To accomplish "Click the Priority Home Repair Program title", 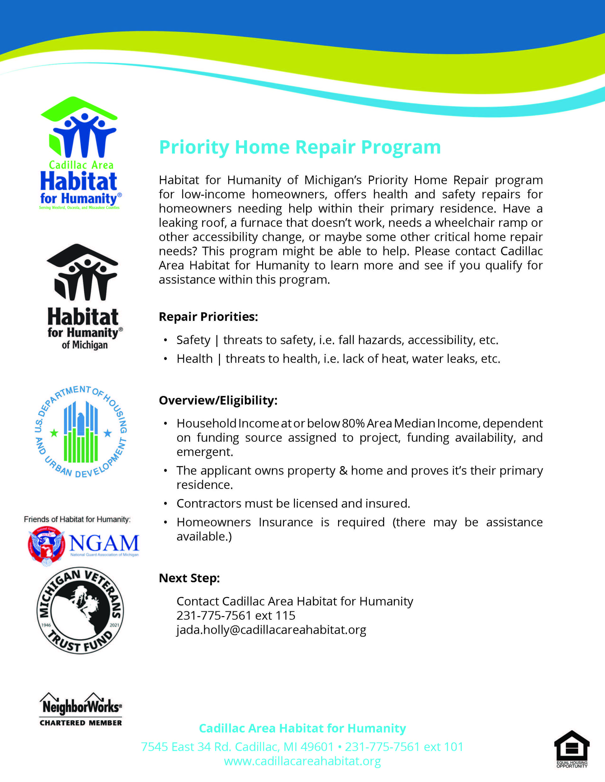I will point(300,147).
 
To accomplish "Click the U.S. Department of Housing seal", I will point(81,432).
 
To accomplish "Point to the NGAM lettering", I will point(104,544).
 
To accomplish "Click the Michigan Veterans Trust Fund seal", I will point(81,610).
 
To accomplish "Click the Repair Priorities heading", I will point(208,316).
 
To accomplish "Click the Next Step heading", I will point(189,578).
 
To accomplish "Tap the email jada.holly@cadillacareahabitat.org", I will point(271,629).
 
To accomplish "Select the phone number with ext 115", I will point(236,615).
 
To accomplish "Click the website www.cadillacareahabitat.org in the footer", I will point(302,761).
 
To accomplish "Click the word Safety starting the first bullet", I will point(193,340).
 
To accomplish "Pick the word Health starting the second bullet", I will point(195,358).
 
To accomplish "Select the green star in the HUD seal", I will point(54,433).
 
